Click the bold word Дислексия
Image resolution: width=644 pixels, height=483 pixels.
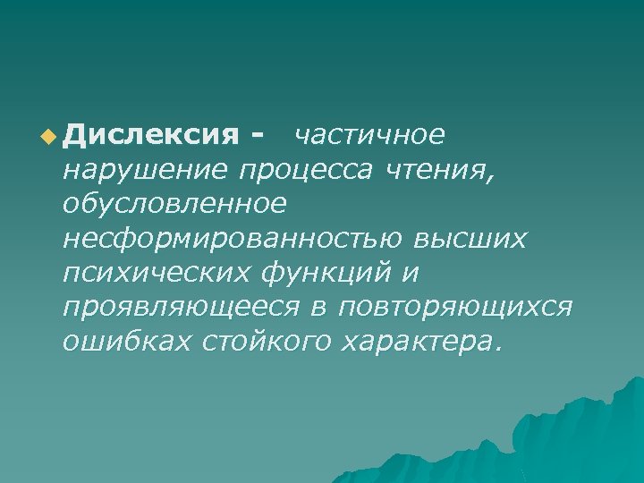click(x=152, y=135)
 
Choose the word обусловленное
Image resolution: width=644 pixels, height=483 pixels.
click(x=174, y=204)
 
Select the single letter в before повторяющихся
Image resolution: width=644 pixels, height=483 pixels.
click(x=318, y=307)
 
